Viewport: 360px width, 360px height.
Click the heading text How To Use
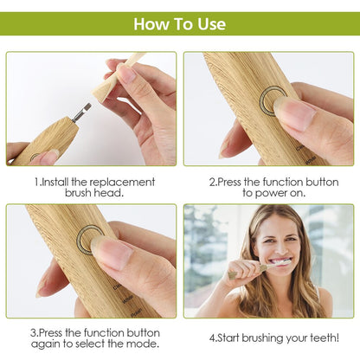click(x=179, y=23)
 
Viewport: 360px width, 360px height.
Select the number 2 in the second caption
click(x=213, y=183)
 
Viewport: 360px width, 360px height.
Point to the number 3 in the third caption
click(x=33, y=331)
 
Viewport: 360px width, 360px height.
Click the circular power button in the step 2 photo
click(x=273, y=100)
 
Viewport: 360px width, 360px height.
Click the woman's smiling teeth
click(x=280, y=261)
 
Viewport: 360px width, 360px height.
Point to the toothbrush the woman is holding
click(x=251, y=269)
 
